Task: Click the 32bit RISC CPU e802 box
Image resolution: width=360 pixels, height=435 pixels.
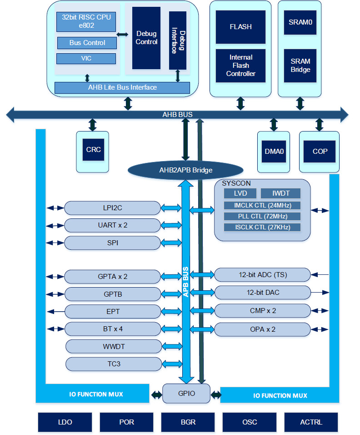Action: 86,22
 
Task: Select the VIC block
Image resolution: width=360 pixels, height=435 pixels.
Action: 86,59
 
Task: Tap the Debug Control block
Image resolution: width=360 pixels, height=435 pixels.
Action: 146,38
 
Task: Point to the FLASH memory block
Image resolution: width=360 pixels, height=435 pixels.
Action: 240,27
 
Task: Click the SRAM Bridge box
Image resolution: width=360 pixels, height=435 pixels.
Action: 300,66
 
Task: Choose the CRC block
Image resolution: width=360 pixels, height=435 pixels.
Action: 93,150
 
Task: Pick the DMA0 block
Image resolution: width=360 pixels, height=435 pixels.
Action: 274,152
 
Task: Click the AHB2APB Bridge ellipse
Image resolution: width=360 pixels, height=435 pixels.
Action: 185,170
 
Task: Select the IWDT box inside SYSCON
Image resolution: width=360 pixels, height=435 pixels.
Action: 280,193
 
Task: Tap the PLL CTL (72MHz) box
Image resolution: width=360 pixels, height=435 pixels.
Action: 262,216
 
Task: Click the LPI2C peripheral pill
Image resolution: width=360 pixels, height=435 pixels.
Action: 113,208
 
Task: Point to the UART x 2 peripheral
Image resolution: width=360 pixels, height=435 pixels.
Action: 113,225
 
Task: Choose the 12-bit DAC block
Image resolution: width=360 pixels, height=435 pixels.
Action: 262,293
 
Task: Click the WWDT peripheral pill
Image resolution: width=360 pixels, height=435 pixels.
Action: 114,347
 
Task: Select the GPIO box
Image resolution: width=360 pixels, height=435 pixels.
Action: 186,394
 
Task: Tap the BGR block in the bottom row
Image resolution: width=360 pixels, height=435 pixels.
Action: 188,422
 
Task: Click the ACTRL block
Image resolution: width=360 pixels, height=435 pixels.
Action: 311,422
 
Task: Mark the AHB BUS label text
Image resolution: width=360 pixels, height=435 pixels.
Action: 177,115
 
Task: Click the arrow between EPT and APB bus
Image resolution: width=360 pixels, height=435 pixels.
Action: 171,312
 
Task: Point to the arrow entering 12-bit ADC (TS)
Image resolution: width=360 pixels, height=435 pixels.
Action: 320,275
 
